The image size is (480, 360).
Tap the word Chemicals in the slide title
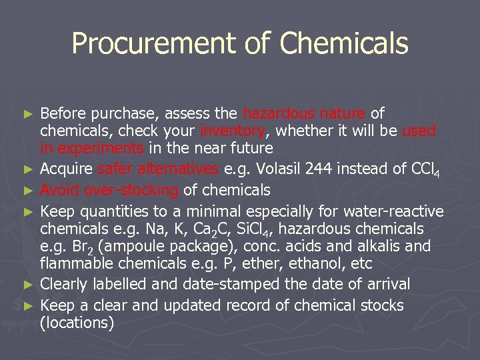(x=344, y=44)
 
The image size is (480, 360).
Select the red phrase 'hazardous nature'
(x=304, y=113)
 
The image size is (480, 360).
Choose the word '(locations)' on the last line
(x=77, y=323)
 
